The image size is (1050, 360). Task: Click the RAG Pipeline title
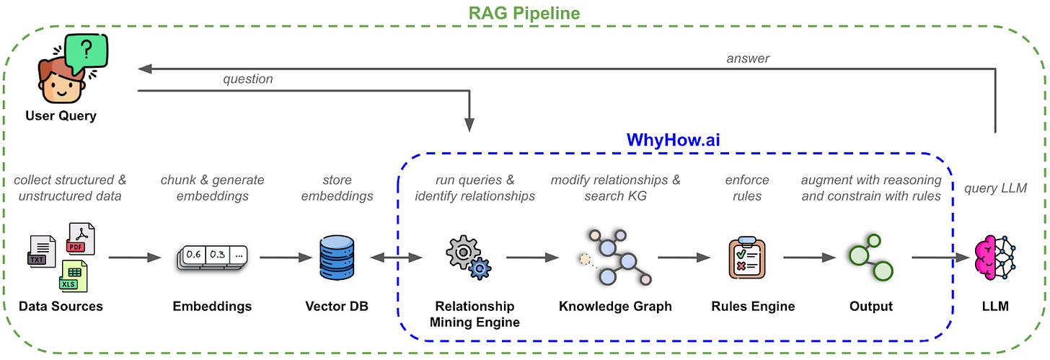coord(524,13)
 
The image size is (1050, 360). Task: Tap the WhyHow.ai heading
coord(673,140)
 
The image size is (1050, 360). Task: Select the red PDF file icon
coord(81,239)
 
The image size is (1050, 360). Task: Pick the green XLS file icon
coord(74,276)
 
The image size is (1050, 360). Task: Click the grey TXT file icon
coord(41,251)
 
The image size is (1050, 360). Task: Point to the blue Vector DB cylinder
coord(337,258)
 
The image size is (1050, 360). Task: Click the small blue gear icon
coord(480,268)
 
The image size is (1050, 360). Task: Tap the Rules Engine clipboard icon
coord(747,258)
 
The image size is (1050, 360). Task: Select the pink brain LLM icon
coord(994,258)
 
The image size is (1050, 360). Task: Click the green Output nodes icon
coord(871,257)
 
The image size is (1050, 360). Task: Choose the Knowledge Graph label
coord(615,306)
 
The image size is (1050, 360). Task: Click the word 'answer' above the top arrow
coord(748,58)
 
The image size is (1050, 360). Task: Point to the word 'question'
coord(248,79)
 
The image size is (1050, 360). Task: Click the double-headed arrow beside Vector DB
coord(396,258)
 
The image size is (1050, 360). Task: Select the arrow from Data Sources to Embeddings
coord(135,258)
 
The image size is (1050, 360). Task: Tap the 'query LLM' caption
coord(995,188)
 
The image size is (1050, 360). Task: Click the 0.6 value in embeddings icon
coord(193,255)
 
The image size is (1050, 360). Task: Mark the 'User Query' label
coord(61,115)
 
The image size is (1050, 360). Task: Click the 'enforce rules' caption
coord(747,188)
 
